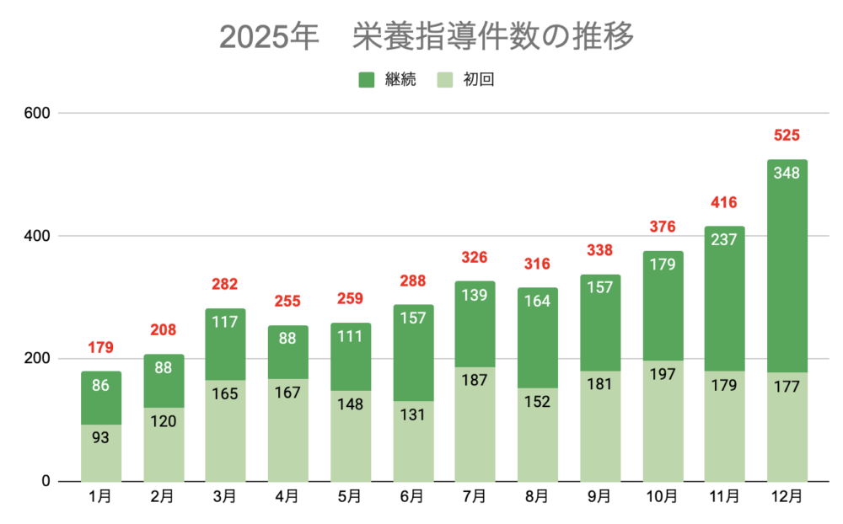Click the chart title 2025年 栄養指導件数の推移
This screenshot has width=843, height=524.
coord(426,38)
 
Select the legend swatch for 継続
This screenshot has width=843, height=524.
coord(367,80)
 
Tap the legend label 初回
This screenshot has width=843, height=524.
coord(478,80)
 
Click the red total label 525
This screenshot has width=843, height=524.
coord(787,136)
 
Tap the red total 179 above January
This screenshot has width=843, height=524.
coord(101,348)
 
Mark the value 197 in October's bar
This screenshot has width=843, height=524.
coord(663,374)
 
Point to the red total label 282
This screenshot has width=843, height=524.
coord(226,285)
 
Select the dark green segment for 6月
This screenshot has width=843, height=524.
coord(413,353)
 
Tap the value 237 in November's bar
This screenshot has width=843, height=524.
coord(725,240)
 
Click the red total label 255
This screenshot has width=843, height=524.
coord(288,302)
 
